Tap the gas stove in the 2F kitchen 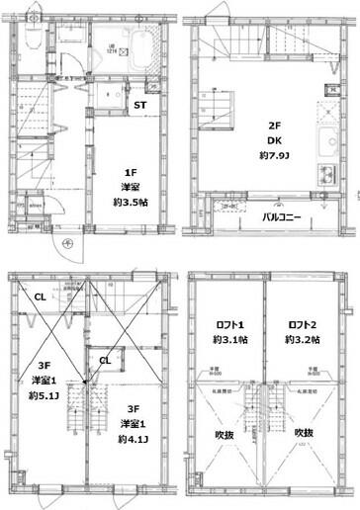[325, 179]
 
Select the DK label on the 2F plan [276, 141]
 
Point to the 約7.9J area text [276, 157]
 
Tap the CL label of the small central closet [104, 361]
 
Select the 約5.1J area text [42, 397]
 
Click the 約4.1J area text [130, 440]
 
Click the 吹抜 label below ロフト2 [304, 432]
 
